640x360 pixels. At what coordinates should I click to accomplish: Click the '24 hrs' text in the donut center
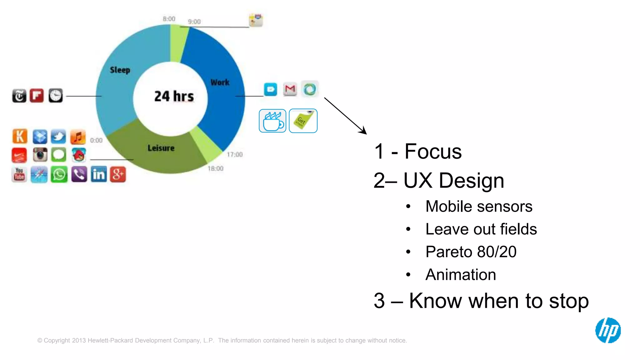click(174, 96)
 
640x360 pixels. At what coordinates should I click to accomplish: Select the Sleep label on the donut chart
click(120, 70)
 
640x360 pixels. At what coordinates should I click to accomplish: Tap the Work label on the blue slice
click(220, 82)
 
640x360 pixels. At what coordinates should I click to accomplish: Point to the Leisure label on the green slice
click(161, 148)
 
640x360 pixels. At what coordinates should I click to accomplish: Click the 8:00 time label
click(169, 19)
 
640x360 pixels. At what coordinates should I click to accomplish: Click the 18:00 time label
click(216, 169)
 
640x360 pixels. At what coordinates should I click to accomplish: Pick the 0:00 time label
click(96, 141)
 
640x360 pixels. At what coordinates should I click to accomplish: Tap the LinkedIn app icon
click(99, 174)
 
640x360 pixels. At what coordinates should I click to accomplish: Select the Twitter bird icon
click(58, 137)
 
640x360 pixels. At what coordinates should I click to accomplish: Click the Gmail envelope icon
click(290, 89)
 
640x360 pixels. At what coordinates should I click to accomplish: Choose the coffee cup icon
click(272, 121)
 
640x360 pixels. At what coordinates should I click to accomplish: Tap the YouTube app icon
click(19, 174)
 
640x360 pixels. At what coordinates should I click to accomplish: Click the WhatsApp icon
click(59, 174)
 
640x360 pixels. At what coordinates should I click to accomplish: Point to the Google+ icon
click(118, 174)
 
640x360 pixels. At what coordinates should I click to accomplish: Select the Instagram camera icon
click(40, 155)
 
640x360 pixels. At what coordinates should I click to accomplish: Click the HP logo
click(608, 330)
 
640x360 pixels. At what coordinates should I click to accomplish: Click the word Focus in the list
click(433, 152)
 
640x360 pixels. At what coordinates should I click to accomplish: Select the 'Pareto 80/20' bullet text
click(471, 252)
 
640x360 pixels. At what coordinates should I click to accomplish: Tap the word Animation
click(461, 275)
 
